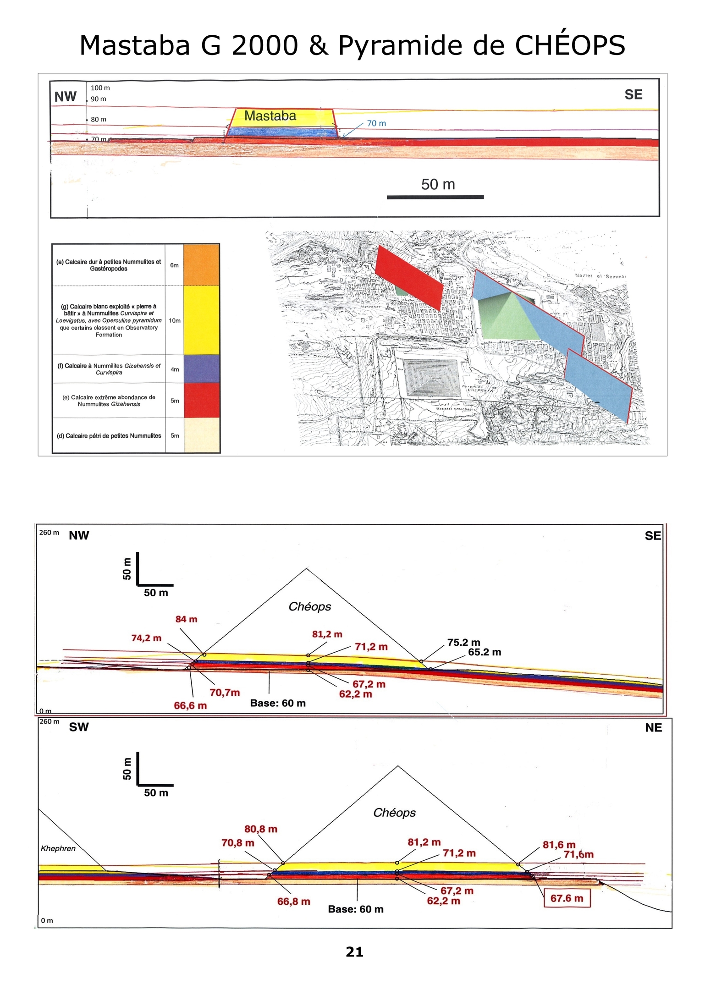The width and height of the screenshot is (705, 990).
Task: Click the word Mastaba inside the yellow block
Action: [270, 116]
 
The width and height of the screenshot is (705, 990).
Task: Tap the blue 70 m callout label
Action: [376, 123]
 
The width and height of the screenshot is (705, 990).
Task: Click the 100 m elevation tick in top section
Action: [100, 88]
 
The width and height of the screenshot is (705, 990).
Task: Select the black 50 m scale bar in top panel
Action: [435, 197]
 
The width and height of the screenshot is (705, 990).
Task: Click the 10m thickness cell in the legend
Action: [175, 320]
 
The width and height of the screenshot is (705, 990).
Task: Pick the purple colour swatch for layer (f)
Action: [201, 369]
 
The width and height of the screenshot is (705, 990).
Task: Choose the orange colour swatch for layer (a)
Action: [201, 265]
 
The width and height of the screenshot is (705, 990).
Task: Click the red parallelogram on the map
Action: [409, 278]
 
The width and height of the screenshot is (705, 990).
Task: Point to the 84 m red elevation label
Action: [186, 619]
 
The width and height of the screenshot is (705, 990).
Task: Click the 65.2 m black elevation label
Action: [485, 652]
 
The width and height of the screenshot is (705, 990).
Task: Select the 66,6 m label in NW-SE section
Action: [190, 706]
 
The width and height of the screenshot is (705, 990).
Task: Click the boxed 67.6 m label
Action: [567, 898]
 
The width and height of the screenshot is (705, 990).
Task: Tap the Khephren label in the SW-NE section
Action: [58, 848]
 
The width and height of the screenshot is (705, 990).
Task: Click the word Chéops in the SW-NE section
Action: [394, 813]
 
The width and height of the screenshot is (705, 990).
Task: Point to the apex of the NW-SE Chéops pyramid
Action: [307, 569]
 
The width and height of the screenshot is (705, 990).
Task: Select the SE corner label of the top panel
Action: [633, 95]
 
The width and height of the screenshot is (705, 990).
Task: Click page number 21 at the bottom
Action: [354, 952]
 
